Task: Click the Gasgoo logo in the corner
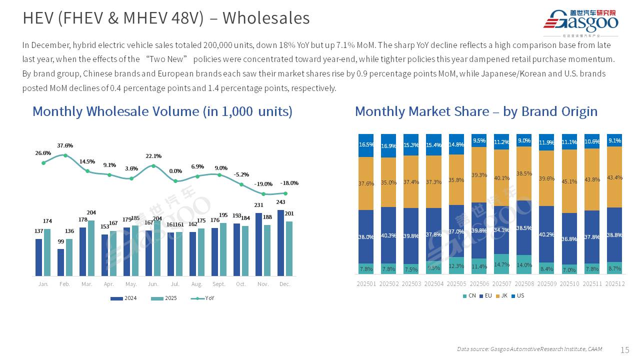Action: click(580, 22)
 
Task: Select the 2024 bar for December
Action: click(281, 243)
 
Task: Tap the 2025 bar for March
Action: click(91, 248)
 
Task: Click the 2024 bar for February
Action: click(60, 262)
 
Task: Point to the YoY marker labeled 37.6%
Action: click(65, 155)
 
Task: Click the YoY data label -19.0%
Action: click(263, 184)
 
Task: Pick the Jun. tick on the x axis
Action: click(153, 284)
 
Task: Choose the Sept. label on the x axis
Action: click(219, 284)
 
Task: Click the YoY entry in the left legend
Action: click(204, 298)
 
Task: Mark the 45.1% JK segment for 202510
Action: click(569, 181)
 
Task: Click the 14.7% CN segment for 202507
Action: click(501, 264)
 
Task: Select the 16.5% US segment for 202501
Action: click(366, 145)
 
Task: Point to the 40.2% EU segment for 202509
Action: click(546, 234)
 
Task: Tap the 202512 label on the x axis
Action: click(614, 284)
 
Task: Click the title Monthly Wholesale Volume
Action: click(162, 111)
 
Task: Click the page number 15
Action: click(624, 349)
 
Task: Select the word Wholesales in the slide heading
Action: click(266, 18)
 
